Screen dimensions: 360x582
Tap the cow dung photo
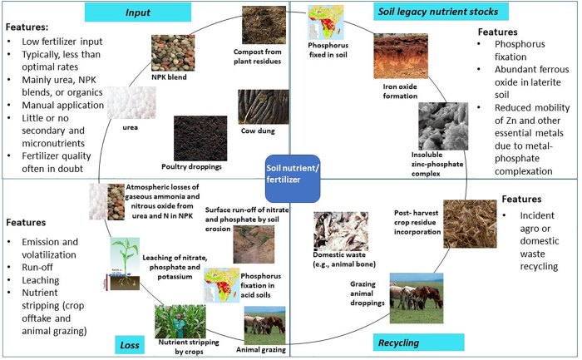(x=262, y=106)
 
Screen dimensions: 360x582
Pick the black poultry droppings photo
(x=200, y=136)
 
